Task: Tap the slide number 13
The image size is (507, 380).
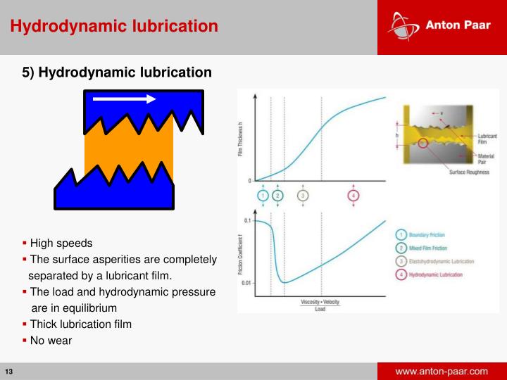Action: (x=10, y=372)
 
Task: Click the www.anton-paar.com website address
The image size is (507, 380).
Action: (x=442, y=371)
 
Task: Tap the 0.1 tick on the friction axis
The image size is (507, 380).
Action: (x=247, y=221)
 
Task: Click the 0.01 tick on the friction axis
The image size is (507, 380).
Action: (x=246, y=283)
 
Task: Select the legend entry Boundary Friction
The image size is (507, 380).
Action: (x=427, y=234)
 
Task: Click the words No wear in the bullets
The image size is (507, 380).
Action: (x=51, y=340)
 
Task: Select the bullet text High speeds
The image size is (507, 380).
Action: (x=61, y=243)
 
